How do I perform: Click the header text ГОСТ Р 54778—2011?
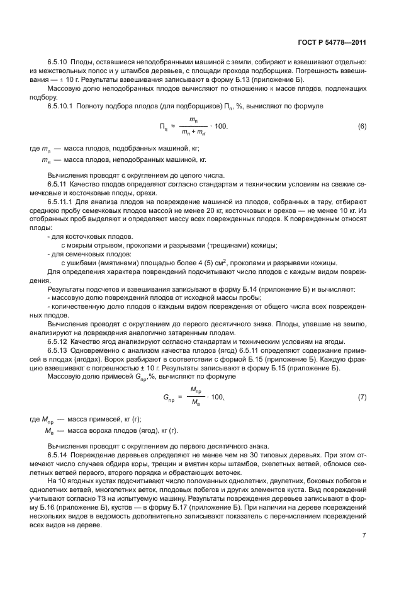pos(332,42)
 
